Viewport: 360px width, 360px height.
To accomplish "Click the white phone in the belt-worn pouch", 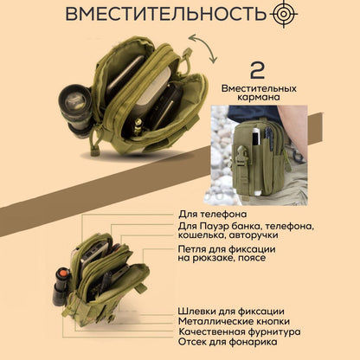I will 254,138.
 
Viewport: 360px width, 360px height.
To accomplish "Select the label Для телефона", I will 212,214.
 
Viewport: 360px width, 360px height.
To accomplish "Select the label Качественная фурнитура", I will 240,331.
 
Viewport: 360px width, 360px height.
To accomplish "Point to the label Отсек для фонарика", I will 228,342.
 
